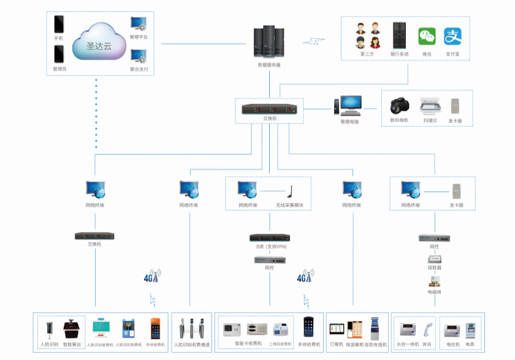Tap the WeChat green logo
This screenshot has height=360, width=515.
tap(427, 36)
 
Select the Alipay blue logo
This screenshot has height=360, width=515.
tap(452, 36)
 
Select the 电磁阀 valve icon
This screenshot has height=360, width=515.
tap(434, 281)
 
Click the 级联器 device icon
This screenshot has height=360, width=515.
tap(434, 261)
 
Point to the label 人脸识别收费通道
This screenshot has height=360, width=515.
tap(192, 345)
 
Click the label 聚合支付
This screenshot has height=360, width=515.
tap(139, 69)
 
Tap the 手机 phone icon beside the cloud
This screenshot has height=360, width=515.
tap(59, 25)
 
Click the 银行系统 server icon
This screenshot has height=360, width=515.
tap(400, 36)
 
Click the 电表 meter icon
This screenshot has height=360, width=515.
tap(470, 329)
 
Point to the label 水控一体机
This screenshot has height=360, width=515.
tap(409, 345)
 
